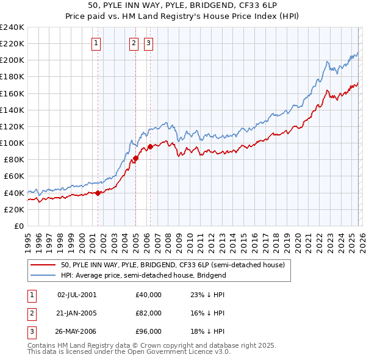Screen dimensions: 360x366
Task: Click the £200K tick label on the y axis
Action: (x=12, y=60)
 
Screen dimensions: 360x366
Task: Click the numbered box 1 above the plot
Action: (x=97, y=43)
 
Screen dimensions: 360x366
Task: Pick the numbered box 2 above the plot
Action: (x=134, y=43)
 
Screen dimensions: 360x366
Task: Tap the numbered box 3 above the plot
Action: (x=149, y=43)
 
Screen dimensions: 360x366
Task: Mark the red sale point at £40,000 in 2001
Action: (x=98, y=193)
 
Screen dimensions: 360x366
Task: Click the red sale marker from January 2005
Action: (x=135, y=158)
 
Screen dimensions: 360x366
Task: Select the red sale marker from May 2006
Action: (x=150, y=146)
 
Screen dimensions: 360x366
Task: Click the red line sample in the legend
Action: (x=43, y=265)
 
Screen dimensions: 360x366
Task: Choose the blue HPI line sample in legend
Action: (x=43, y=275)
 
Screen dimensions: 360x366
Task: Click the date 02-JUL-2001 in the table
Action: (x=77, y=295)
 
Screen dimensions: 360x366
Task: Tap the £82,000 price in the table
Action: (x=149, y=313)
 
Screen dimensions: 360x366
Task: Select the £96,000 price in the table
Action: (x=149, y=331)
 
